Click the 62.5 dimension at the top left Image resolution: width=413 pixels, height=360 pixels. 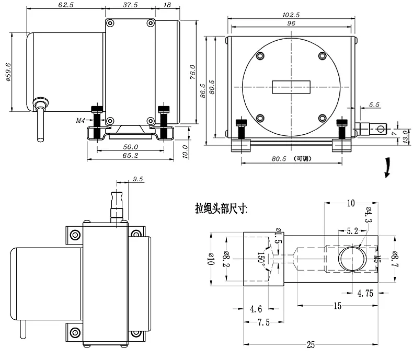click(x=66, y=5)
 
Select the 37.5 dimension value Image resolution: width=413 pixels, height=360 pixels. click(x=130, y=5)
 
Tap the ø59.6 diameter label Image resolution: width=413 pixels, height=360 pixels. click(x=8, y=72)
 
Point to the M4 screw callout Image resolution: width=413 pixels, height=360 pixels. click(x=81, y=121)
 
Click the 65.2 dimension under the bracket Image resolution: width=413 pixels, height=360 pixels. click(x=130, y=156)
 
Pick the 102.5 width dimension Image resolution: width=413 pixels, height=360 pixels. click(x=291, y=15)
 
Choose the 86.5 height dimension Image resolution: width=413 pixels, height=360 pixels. click(x=202, y=91)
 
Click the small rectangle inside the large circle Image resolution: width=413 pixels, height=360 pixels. click(x=291, y=87)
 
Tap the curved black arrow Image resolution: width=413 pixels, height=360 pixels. click(x=387, y=168)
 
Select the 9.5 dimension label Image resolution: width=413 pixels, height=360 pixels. click(x=137, y=179)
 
